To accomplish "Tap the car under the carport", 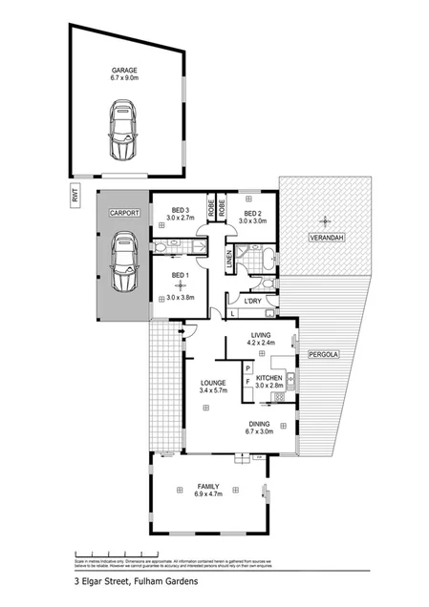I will pos(124,263).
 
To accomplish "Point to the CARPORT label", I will pos(124,213).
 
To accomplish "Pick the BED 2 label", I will pos(252,213).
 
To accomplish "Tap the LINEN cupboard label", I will pos(229,258).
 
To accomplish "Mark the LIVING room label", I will pos(261,335).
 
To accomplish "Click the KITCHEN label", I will pos(268,379).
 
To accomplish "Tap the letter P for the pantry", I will pos(247,367).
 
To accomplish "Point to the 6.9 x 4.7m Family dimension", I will pos(208,494).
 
